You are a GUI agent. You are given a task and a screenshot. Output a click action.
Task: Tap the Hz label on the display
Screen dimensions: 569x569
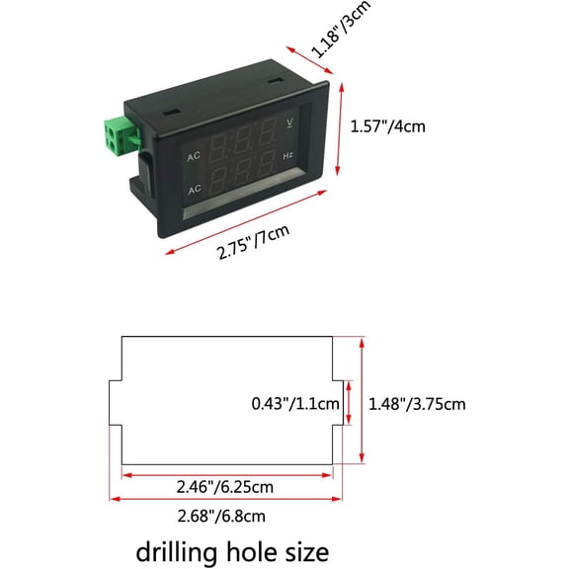(287, 156)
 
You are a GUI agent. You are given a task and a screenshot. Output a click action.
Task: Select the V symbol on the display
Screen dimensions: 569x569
(289, 122)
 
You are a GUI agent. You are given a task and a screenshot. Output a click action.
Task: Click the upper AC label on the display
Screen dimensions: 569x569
(194, 156)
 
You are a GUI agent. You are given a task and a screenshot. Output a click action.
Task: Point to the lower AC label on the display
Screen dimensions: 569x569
(195, 189)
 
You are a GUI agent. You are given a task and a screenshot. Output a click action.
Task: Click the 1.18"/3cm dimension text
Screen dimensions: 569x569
(341, 30)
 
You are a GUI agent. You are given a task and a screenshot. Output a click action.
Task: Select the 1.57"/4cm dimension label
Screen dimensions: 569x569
(387, 126)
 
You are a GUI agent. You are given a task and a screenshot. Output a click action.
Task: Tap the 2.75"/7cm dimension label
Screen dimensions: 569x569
(253, 242)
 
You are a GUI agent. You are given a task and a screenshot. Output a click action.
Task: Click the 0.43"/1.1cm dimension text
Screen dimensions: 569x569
(295, 403)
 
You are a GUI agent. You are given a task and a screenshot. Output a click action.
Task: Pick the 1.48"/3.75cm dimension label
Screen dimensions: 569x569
(417, 404)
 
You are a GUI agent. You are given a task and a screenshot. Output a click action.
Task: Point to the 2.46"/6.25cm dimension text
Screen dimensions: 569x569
(225, 487)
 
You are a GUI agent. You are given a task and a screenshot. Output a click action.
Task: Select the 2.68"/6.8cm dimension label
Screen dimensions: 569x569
(221, 516)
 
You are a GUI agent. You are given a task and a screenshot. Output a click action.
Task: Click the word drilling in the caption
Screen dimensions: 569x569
(176, 552)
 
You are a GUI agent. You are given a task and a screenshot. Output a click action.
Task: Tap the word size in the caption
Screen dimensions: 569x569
(307, 552)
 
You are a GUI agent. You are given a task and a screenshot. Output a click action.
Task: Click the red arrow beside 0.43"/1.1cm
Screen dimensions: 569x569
(349, 403)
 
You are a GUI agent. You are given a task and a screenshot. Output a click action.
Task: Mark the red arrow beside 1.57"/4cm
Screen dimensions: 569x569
(339, 129)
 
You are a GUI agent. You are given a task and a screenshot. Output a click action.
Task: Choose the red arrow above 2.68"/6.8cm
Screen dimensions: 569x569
(225, 499)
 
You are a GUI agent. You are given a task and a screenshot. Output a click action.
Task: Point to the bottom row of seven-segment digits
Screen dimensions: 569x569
(242, 171)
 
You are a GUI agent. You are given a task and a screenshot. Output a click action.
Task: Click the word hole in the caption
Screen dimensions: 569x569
(250, 551)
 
